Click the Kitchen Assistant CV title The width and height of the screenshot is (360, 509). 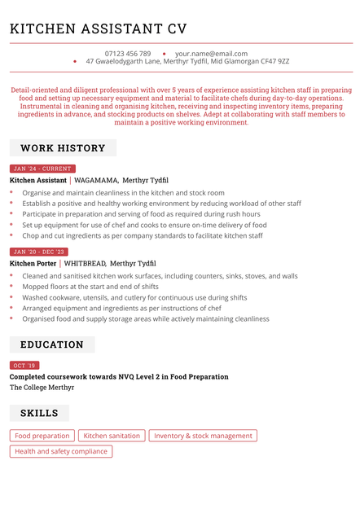click(98, 29)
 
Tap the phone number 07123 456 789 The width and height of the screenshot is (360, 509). click(128, 54)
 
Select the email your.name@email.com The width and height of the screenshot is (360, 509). click(211, 54)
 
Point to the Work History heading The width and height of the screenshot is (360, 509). click(63, 148)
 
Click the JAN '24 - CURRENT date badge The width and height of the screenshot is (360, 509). click(42, 169)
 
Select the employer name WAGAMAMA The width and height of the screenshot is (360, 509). click(96, 180)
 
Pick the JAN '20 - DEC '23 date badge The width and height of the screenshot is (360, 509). click(39, 252)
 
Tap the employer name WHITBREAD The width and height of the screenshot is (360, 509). click(85, 264)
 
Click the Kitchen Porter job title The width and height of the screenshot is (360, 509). click(33, 264)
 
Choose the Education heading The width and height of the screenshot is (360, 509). click(52, 344)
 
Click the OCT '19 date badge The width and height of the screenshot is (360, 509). click(24, 366)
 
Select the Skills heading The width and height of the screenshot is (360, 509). click(39, 414)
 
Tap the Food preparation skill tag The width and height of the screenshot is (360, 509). click(42, 436)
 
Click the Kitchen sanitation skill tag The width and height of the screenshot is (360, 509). click(112, 436)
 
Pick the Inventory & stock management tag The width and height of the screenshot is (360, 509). click(203, 436)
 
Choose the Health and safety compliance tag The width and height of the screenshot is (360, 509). click(61, 451)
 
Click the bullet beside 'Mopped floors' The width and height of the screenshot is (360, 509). click(11, 287)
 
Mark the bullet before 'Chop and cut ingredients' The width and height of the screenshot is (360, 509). click(11, 235)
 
